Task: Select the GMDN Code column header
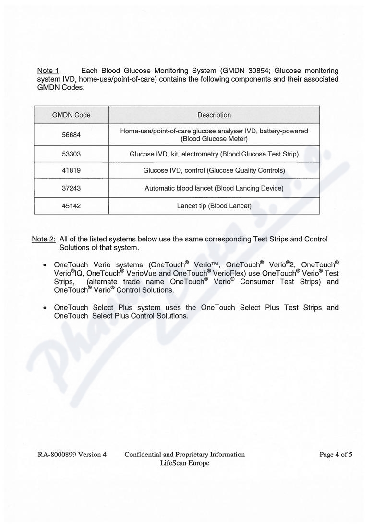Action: click(x=71, y=115)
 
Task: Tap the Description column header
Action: click(x=214, y=115)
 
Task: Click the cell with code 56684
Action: click(x=71, y=135)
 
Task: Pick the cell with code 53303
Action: click(x=71, y=154)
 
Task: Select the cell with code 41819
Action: click(x=71, y=171)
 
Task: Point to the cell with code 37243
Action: click(x=71, y=188)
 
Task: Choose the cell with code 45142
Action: click(x=71, y=206)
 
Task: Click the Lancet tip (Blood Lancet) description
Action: click(x=214, y=206)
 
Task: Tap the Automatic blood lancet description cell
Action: click(x=214, y=188)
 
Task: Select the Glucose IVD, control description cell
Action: click(x=214, y=171)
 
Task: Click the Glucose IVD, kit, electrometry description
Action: click(x=214, y=154)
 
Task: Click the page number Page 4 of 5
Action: click(x=336, y=455)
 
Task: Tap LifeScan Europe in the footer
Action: click(x=185, y=463)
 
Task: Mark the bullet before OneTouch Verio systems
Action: click(x=45, y=265)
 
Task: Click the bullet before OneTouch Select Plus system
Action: click(x=45, y=308)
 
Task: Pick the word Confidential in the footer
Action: click(x=143, y=455)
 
